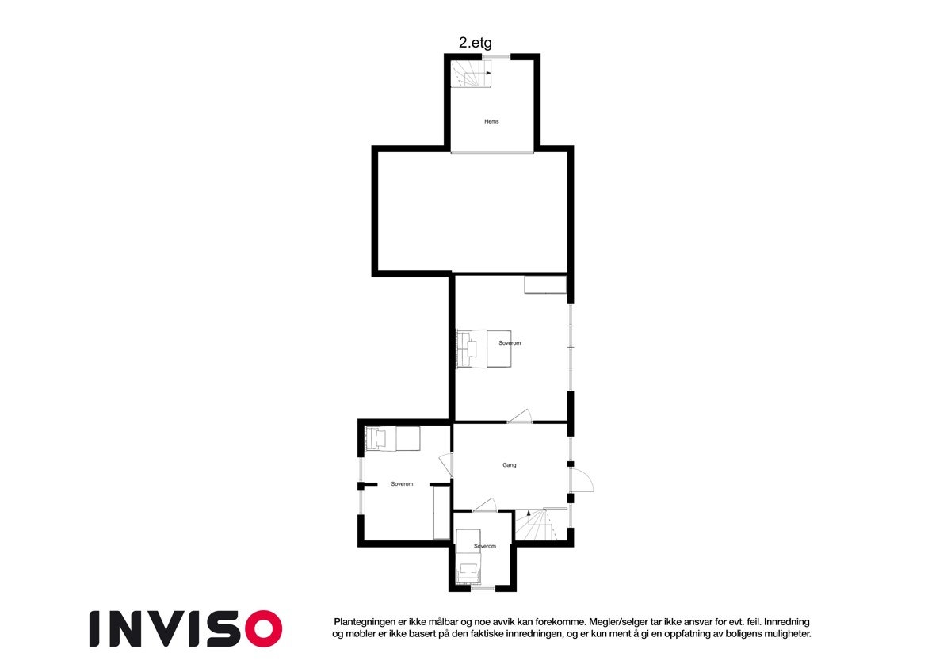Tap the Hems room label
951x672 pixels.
(x=491, y=121)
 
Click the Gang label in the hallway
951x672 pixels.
(x=509, y=465)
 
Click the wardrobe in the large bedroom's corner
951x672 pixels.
(x=545, y=285)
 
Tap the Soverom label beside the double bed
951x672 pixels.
(x=510, y=343)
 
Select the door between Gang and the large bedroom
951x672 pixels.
(x=520, y=417)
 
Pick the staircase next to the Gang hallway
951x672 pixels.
(x=542, y=525)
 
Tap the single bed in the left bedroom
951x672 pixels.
(x=392, y=437)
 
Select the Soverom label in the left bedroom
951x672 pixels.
(x=402, y=484)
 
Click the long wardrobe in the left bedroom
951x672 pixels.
(x=441, y=513)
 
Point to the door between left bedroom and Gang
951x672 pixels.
(x=445, y=464)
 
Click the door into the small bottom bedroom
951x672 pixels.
(x=483, y=505)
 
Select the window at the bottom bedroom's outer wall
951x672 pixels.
(x=482, y=589)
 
